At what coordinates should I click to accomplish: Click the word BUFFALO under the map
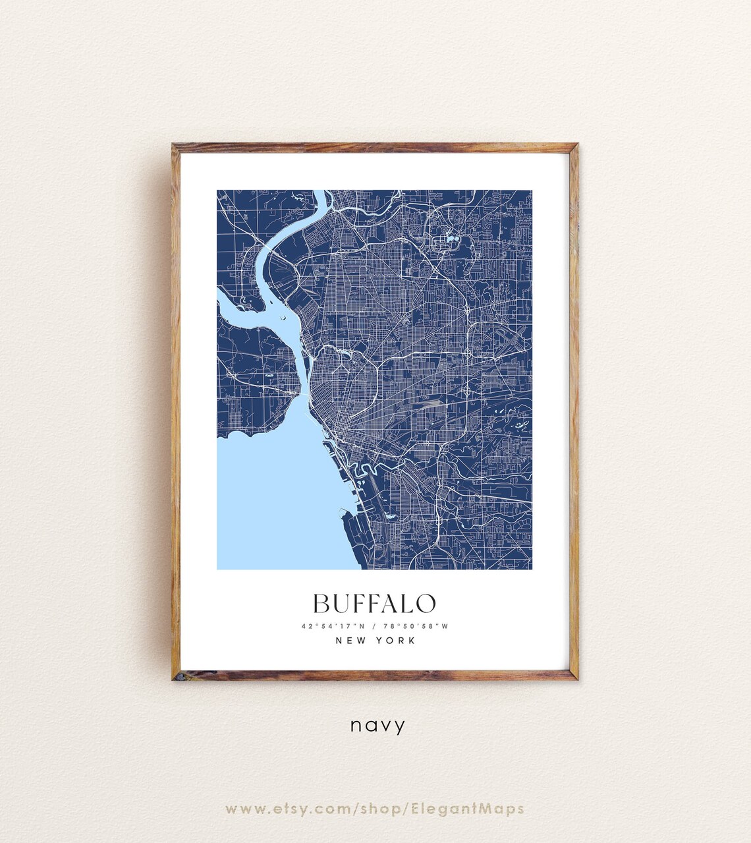374,603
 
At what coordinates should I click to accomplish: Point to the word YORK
396,640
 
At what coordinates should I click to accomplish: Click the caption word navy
377,726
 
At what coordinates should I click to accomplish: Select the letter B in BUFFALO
321,603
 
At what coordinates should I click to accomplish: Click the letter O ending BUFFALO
426,603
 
